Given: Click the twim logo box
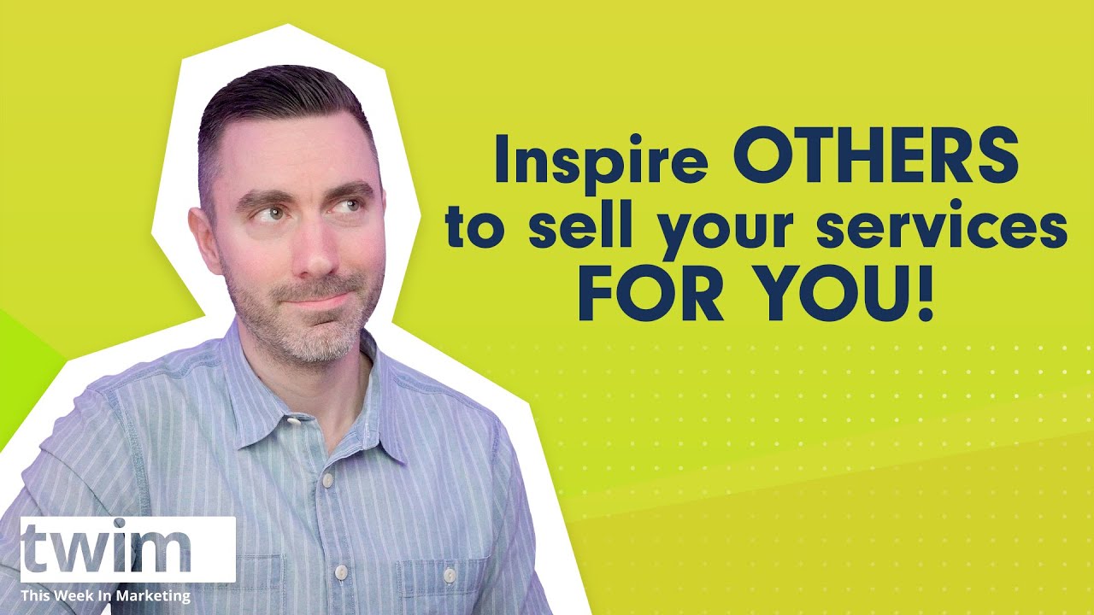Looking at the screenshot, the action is tap(128, 549).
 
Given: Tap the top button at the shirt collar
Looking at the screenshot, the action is tap(293, 419).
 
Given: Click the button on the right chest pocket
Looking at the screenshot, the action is tap(450, 576).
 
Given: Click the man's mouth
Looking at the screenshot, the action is tap(316, 299).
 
